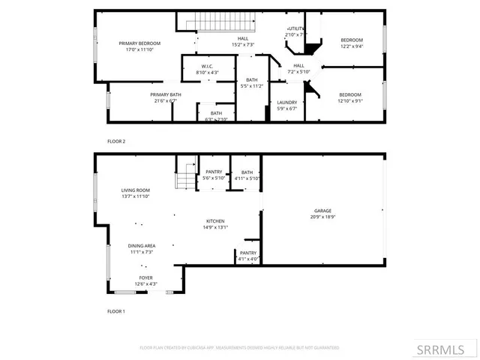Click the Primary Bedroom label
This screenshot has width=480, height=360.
pyautogui.click(x=135, y=43)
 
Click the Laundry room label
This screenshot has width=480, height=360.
pyautogui.click(x=286, y=103)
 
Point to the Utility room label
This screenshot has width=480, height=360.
pyautogui.click(x=295, y=28)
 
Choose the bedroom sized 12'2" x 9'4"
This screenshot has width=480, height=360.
pyautogui.click(x=351, y=40)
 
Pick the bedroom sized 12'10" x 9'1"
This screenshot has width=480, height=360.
pyautogui.click(x=349, y=95)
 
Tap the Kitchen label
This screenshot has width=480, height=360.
pyautogui.click(x=216, y=221)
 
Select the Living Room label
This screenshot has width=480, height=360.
pyautogui.click(x=136, y=190)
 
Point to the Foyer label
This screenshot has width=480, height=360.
pyautogui.click(x=145, y=277)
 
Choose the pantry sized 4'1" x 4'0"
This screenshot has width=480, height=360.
pyautogui.click(x=248, y=253)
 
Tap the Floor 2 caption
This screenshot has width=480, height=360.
pyautogui.click(x=116, y=141)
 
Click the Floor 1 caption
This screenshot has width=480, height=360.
pyautogui.click(x=116, y=310)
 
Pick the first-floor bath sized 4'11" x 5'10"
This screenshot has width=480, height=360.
pyautogui.click(x=247, y=172)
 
